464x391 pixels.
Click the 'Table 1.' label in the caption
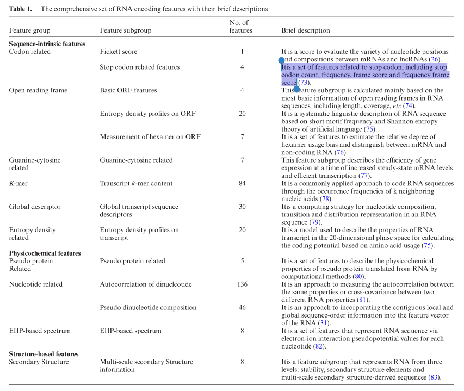click(x=21, y=9)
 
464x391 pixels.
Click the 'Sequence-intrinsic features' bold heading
click(x=47, y=44)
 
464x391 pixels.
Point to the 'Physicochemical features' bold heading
click(x=45, y=253)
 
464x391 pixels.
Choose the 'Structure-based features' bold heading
click(x=44, y=354)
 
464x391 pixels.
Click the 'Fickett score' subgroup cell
click(x=119, y=52)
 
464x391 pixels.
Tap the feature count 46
click(x=242, y=307)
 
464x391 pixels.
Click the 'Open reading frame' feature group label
click(x=38, y=90)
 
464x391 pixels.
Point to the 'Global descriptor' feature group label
click(x=35, y=207)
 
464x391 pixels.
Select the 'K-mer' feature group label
click(x=18, y=183)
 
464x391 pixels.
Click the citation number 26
click(x=434, y=59)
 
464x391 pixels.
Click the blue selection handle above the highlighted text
click(x=281, y=60)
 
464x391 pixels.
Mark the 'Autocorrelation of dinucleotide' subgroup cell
click(x=146, y=284)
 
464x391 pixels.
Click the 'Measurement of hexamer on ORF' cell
click(x=150, y=136)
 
